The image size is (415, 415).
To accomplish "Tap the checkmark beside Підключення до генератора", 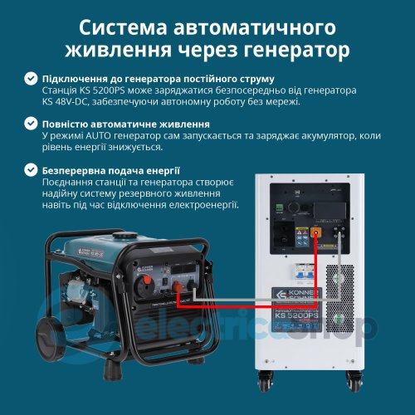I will coord(31,77).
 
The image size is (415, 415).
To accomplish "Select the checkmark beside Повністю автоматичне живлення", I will coord(31,124).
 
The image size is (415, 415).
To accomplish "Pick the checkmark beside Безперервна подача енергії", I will coord(31,170).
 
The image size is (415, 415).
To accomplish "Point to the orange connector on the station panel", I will coord(316,234).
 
